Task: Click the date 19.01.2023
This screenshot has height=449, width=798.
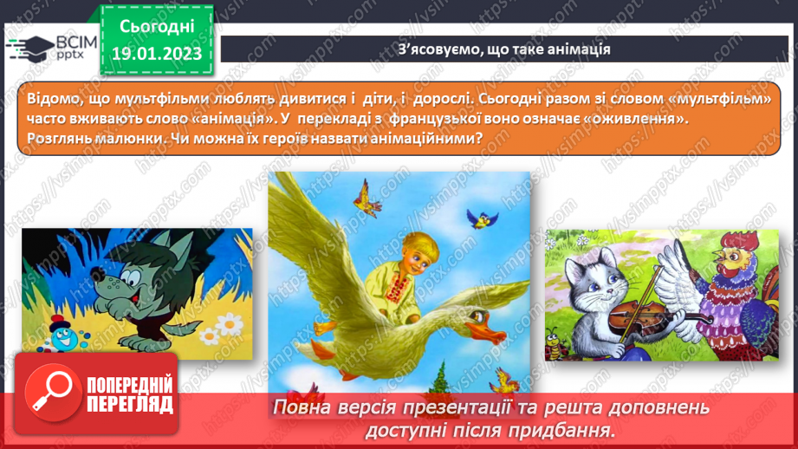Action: (x=156, y=54)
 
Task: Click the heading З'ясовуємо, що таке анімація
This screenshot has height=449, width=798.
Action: (x=504, y=49)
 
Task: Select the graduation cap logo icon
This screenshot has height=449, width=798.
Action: (x=29, y=46)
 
